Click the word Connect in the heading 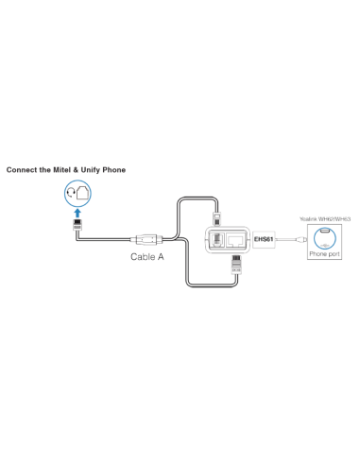[x=23, y=171]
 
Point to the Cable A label [x=146, y=256]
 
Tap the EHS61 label [x=264, y=240]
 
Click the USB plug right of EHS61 [x=296, y=240]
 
